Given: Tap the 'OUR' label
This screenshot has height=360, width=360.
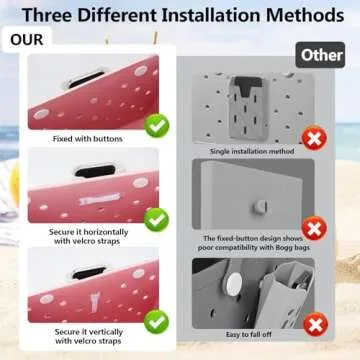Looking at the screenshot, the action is [x=27, y=40].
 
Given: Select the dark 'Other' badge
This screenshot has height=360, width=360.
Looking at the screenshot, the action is [x=321, y=55].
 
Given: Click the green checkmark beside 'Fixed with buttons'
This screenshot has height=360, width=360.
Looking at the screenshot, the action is [x=157, y=126].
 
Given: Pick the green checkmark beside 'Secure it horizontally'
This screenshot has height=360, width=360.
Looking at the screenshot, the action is [x=157, y=220].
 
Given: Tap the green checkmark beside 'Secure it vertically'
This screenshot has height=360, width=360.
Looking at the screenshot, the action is [x=157, y=322].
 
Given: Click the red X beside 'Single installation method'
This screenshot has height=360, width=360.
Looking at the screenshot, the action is [x=314, y=139].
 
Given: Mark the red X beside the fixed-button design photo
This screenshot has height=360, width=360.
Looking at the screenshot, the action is [x=314, y=229].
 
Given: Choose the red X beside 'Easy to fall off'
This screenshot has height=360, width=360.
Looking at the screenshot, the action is [x=316, y=324].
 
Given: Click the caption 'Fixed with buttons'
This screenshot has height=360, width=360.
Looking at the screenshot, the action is [x=88, y=139].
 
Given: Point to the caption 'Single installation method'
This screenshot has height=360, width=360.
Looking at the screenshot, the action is [x=252, y=151].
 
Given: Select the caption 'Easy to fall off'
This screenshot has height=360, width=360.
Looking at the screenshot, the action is [x=249, y=334].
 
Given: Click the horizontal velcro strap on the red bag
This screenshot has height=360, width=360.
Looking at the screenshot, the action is [x=100, y=199].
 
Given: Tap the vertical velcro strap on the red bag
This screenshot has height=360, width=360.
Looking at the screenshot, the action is [x=95, y=301].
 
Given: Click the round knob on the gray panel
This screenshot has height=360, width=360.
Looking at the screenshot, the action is [x=261, y=207].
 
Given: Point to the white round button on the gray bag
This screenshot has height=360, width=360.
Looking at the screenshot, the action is [x=234, y=284].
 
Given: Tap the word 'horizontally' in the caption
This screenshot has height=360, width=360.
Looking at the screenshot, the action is [x=106, y=232].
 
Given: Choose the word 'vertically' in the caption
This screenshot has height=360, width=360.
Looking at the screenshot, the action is [x=104, y=332].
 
